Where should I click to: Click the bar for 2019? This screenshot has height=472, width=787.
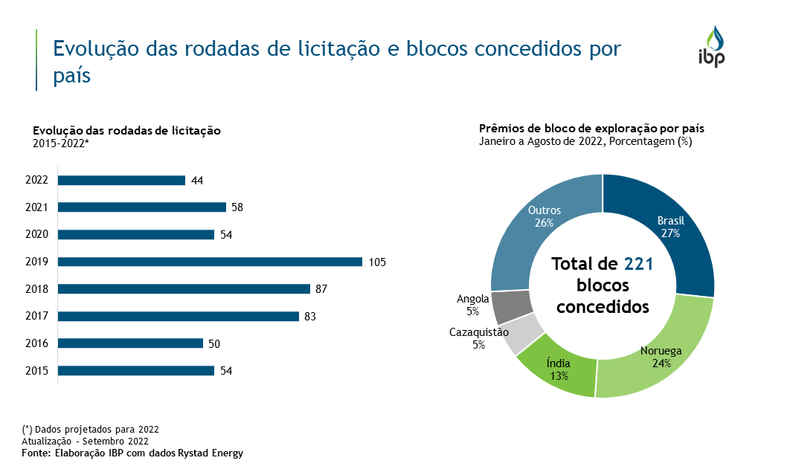210,262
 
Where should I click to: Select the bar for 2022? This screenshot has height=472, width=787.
121,180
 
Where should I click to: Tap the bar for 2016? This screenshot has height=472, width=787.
130,343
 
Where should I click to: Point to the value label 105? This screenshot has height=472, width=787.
377,262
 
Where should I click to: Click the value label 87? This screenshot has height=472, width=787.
321,289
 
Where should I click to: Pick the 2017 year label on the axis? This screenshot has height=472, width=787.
36,317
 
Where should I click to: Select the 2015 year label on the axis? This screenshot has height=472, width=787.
36,371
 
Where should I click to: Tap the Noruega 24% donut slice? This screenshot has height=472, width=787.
655,357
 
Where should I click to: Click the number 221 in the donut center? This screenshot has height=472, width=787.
638,264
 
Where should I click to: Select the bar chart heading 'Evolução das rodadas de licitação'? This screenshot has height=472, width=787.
126,131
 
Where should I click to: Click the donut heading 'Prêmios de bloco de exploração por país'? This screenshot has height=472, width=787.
591,129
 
